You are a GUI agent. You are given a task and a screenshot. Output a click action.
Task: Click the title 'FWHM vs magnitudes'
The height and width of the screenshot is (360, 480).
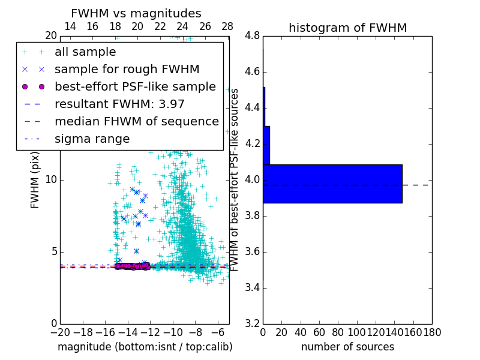point(136,14)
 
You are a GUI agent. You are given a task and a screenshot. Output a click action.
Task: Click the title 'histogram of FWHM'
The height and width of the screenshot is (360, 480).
point(347,28)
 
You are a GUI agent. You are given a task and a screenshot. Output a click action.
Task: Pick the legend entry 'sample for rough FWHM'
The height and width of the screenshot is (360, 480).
point(127,69)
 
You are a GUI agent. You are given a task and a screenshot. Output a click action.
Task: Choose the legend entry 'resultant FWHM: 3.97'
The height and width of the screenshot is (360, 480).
point(119,104)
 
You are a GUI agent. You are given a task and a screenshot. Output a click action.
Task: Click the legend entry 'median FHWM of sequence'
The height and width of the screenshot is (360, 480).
point(136,121)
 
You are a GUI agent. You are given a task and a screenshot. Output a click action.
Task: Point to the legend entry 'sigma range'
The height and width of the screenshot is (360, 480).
point(92,139)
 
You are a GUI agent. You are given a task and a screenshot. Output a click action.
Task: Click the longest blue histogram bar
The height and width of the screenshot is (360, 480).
point(332,184)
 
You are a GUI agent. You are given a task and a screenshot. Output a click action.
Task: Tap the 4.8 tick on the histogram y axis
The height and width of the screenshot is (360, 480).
point(252,36)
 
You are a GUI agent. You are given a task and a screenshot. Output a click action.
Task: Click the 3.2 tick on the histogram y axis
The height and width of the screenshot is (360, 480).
point(252,323)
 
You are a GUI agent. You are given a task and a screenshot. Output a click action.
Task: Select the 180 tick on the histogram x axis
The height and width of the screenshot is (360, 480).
point(431,332)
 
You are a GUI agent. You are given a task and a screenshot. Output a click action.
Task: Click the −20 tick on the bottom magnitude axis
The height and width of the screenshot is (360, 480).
point(60,332)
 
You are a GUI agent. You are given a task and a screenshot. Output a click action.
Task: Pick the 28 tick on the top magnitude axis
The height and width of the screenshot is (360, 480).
point(227,27)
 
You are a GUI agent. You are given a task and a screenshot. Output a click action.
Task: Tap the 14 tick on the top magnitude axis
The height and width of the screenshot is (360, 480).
point(70,27)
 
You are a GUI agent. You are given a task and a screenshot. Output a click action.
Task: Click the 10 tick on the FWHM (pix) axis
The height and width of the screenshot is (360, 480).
point(50,180)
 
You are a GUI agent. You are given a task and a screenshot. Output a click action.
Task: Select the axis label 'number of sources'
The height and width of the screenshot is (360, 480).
point(347,347)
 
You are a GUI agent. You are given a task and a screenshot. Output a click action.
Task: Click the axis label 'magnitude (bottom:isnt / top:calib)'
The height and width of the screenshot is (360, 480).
point(145,347)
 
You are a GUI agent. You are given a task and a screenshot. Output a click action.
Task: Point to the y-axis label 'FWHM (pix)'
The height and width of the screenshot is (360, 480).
point(35,180)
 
